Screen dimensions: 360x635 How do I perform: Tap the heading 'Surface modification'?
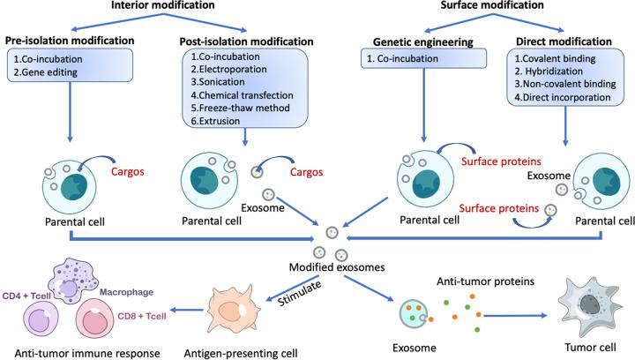point(466,6)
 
